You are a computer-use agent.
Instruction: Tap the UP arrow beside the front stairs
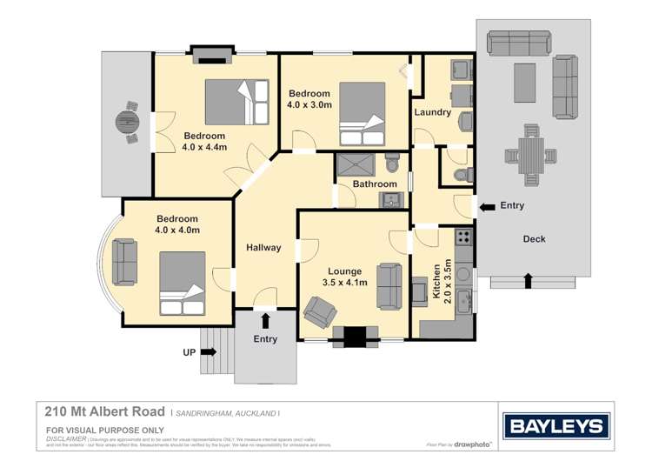pos(209,352)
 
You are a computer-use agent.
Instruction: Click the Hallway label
pos(263,248)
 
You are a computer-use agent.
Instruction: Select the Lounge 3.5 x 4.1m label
pos(345,277)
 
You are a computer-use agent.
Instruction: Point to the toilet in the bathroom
pos(393,164)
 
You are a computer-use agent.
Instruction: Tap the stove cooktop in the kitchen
pos(463,236)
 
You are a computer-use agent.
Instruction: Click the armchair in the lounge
pos(321,311)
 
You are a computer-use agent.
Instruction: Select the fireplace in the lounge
pos(356,336)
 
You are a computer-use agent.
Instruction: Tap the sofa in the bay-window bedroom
pos(124,262)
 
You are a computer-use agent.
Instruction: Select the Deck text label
pos(534,239)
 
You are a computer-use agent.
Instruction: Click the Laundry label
pos(432,112)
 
